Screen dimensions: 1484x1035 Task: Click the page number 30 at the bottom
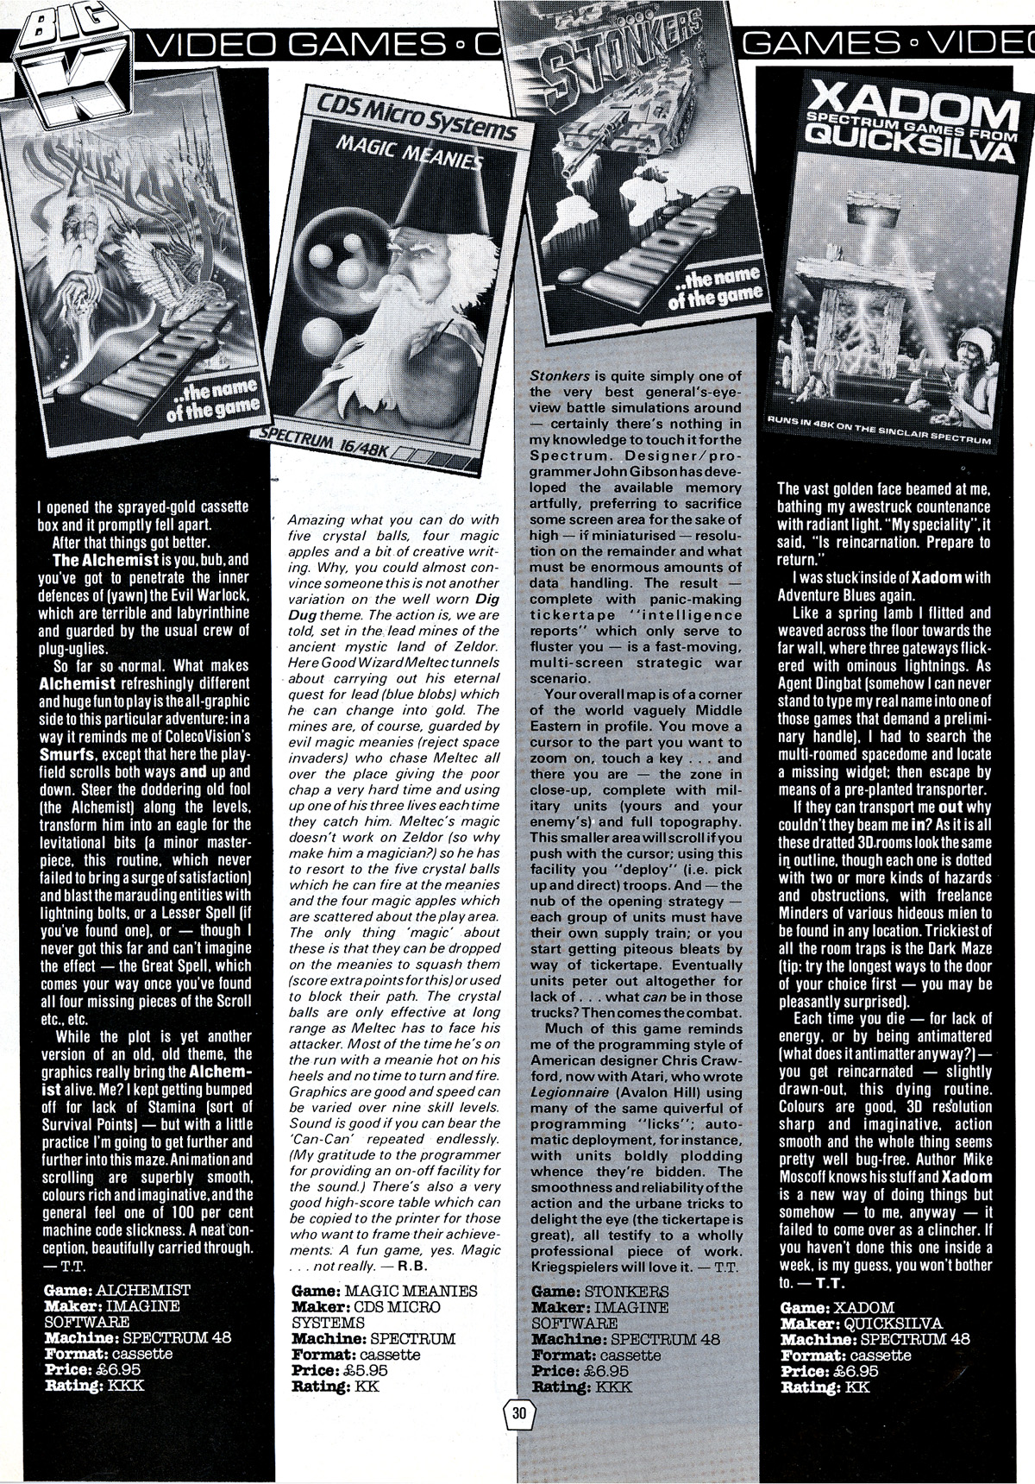(x=518, y=1413)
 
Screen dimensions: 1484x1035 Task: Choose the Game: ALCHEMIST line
(x=116, y=1290)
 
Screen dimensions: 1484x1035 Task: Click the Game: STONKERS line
(x=600, y=1292)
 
